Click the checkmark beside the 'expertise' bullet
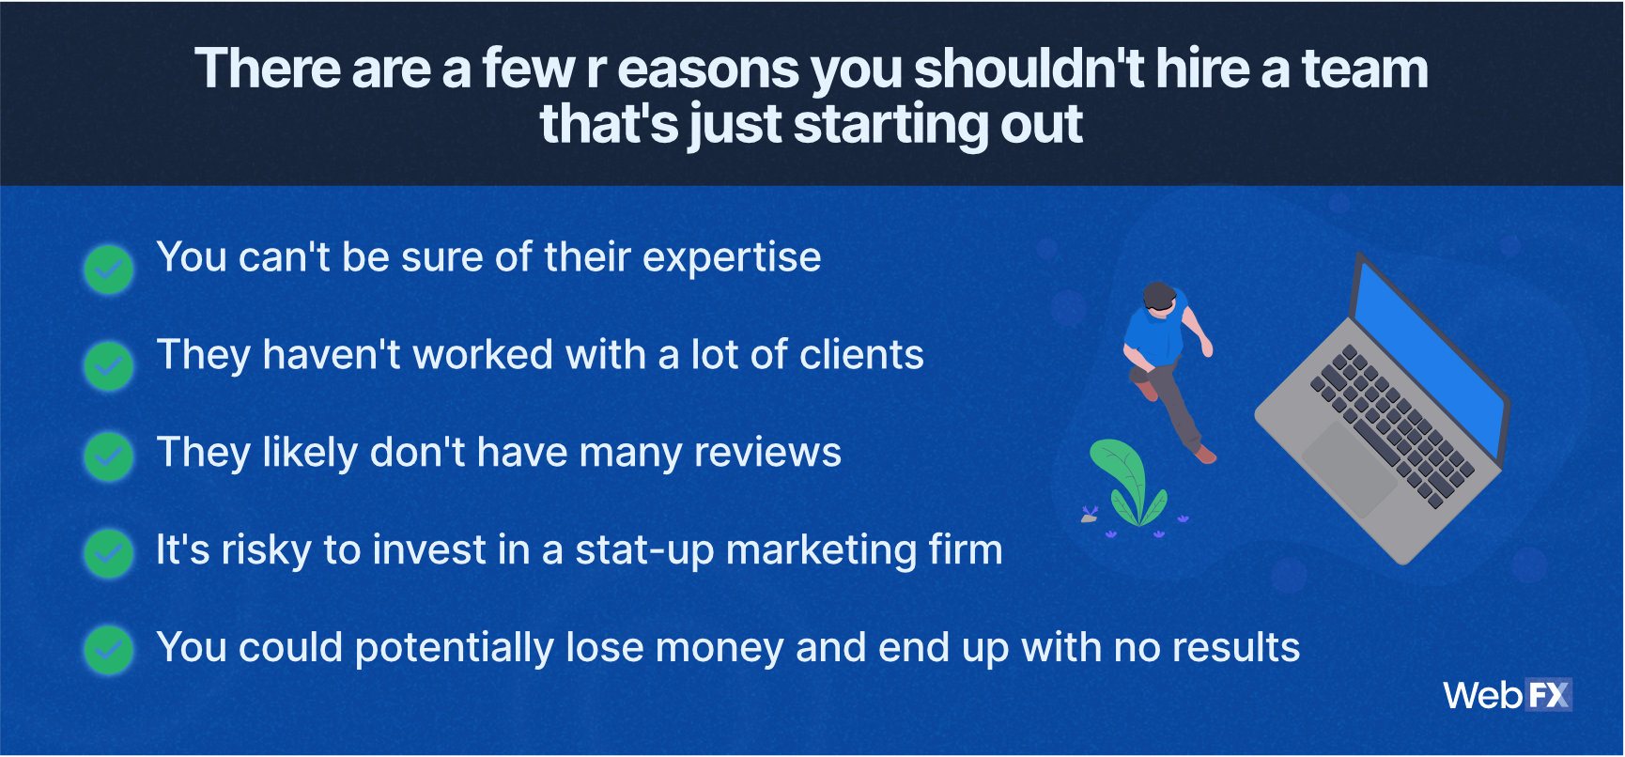[109, 270]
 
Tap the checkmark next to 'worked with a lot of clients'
[109, 366]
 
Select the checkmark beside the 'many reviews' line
[109, 456]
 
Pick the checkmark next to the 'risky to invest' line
[109, 552]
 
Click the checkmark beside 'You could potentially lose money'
[109, 650]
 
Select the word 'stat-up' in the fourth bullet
[644, 551]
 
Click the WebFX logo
[1508, 695]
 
